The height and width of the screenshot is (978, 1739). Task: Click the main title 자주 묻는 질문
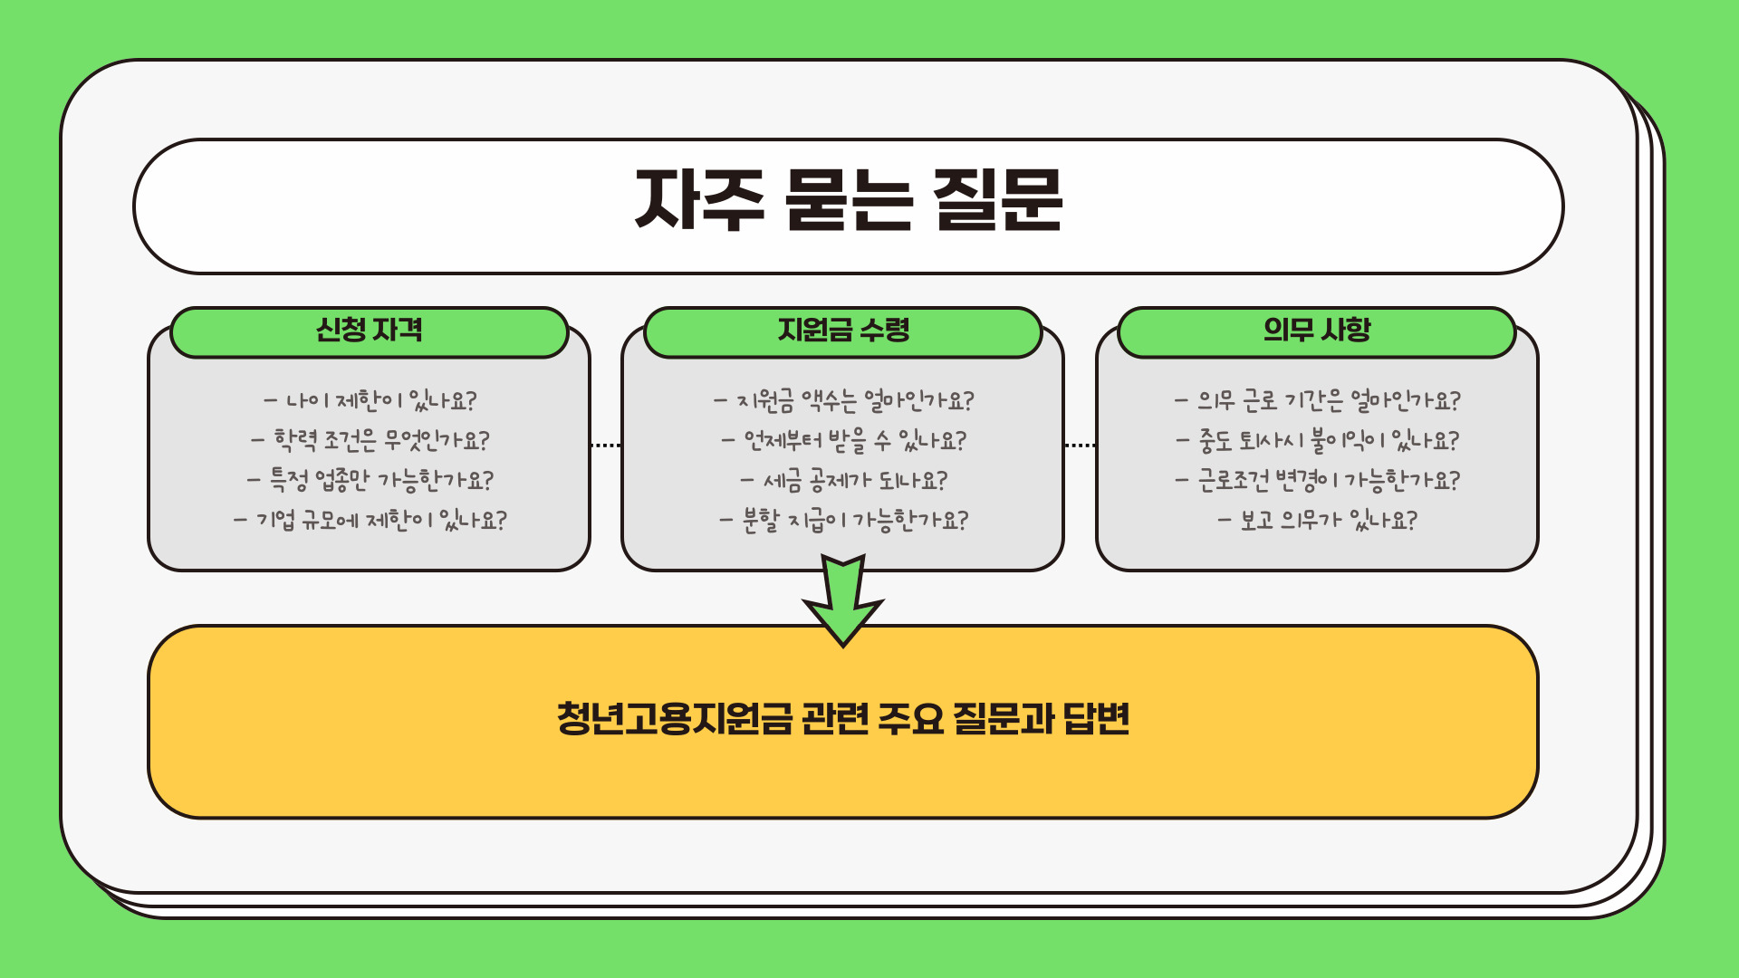(x=848, y=201)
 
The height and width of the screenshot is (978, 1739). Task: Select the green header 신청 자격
(x=369, y=331)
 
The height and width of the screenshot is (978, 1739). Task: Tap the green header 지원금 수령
(x=842, y=331)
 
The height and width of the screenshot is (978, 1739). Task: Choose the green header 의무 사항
(x=1316, y=331)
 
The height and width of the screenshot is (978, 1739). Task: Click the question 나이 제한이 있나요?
(x=370, y=400)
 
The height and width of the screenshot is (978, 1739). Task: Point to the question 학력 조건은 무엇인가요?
(x=370, y=440)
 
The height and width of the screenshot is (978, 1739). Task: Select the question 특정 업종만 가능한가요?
(x=370, y=480)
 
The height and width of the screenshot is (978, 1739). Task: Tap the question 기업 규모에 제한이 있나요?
(x=370, y=520)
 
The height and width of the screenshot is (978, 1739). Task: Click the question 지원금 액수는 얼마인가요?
(x=843, y=400)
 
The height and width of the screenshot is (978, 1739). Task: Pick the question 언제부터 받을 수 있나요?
(x=843, y=440)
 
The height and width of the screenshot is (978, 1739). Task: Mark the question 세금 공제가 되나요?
(x=843, y=480)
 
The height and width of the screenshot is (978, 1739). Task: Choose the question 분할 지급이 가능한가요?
(x=843, y=520)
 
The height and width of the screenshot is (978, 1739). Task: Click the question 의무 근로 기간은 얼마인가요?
(x=1317, y=400)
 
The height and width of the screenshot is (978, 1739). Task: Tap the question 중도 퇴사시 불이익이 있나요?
(x=1317, y=440)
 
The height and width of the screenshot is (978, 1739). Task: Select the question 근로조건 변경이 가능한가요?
(x=1317, y=480)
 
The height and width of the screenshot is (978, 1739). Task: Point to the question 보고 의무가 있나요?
(x=1317, y=520)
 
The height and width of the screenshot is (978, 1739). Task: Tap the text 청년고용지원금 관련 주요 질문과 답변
(x=842, y=719)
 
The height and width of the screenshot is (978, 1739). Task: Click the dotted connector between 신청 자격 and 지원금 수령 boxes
(x=605, y=446)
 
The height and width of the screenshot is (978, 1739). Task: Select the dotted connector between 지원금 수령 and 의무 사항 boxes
(x=1080, y=446)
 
